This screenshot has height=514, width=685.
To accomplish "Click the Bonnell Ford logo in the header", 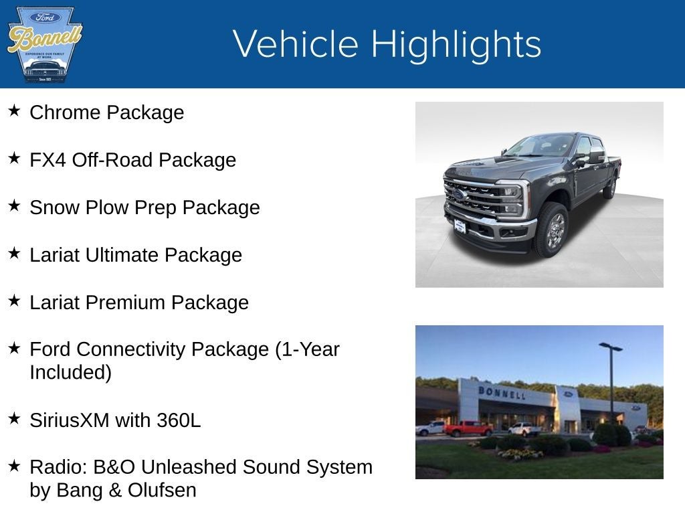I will point(44,44).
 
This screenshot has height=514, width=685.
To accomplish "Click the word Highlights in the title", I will point(456,44).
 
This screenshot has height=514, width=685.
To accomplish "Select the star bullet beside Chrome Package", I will point(14,111).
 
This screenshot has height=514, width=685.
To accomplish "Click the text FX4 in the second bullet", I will point(48,160).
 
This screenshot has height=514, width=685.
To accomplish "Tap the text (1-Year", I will point(307,349).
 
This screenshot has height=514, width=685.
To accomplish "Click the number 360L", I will point(179,420).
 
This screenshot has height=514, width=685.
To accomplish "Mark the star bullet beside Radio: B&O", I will point(14,466).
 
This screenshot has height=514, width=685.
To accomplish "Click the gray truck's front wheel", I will point(552,230).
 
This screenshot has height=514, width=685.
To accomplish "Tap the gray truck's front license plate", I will point(460,226).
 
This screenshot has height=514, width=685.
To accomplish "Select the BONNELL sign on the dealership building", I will point(502,392).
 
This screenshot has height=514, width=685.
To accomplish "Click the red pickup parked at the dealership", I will point(468,428).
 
